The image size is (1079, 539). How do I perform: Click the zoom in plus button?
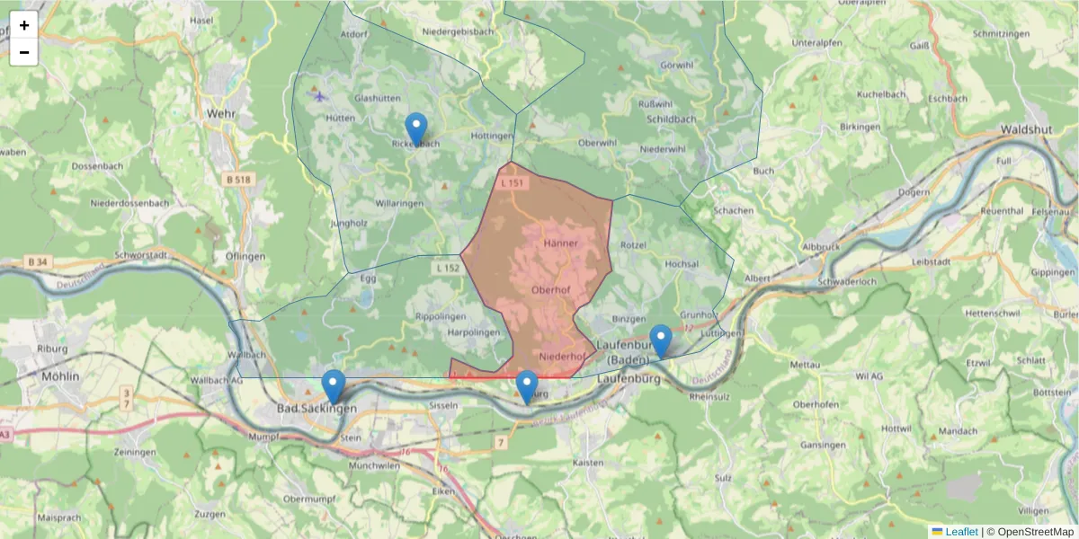point(24,25)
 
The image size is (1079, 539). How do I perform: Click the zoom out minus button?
point(24,52)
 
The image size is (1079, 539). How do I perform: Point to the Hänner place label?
point(561,243)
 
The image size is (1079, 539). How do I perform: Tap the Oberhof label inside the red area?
point(551,289)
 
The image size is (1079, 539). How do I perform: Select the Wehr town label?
point(220,114)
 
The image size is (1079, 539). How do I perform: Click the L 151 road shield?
point(511,183)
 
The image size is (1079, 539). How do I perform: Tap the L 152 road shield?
point(447,268)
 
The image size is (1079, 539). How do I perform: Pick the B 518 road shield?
point(238,180)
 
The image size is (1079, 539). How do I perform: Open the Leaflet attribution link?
point(961,532)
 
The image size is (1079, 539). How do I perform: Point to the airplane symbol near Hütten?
point(318,95)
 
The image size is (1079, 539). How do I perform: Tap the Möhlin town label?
point(61,376)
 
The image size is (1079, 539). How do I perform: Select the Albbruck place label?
point(819,245)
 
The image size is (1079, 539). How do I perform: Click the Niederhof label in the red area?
point(562,357)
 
